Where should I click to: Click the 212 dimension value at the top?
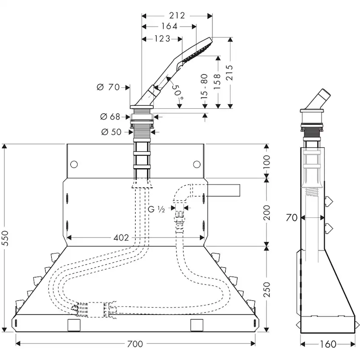pyautogui.click(x=177, y=16)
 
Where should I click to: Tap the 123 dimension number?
pyautogui.click(x=161, y=39)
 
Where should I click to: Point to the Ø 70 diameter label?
pyautogui.click(x=108, y=87)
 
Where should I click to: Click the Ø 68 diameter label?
pyautogui.click(x=110, y=117)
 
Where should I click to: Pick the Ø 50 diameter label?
pyautogui.click(x=111, y=132)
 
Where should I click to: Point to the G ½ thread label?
pyautogui.click(x=156, y=209)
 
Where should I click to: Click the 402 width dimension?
pyautogui.click(x=121, y=237)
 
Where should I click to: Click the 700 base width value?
pyautogui.click(x=135, y=344)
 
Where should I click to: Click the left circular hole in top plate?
pyautogui.click(x=73, y=164)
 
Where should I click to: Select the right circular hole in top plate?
pyautogui.click(x=197, y=164)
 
